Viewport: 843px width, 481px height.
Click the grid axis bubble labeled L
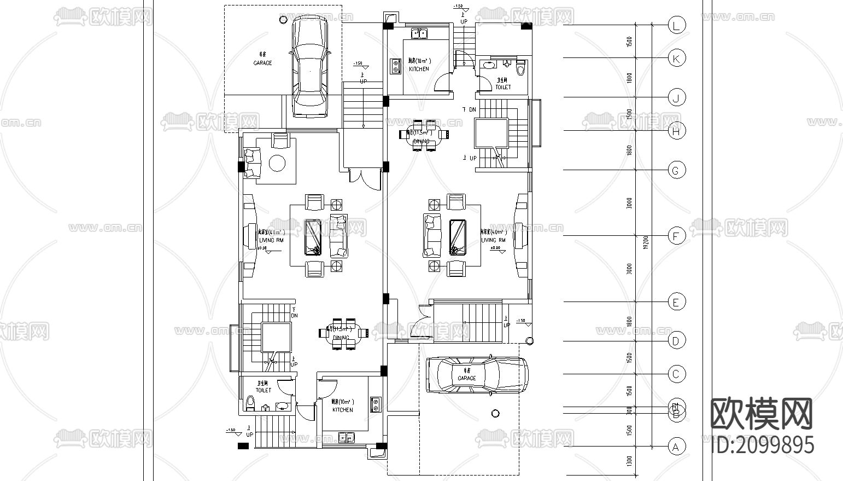click(x=677, y=25)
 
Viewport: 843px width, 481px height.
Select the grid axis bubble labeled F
click(x=677, y=236)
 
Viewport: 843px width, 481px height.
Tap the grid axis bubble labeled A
click(x=677, y=447)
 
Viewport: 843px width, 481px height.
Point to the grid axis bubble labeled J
click(x=677, y=98)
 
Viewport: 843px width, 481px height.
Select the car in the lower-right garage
click(x=477, y=375)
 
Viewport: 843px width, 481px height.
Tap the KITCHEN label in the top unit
click(x=419, y=69)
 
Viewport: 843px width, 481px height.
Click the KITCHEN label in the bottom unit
click(x=342, y=410)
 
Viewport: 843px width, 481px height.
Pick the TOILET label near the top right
click(x=503, y=87)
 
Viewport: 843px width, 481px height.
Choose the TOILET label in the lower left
click(x=263, y=390)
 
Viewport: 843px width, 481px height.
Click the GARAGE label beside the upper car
click(x=262, y=63)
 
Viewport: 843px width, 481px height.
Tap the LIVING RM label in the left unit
click(x=271, y=240)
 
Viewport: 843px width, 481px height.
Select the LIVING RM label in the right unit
click(x=493, y=240)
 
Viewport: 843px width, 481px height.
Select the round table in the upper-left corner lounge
click(x=277, y=163)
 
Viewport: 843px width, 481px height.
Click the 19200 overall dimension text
click(x=646, y=242)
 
